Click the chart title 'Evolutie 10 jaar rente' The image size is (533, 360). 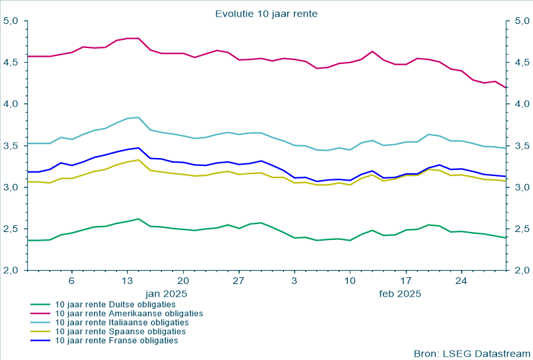click(x=266, y=13)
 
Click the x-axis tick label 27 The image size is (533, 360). click(x=239, y=281)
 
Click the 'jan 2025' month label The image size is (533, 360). click(x=167, y=293)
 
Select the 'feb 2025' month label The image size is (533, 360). click(x=400, y=293)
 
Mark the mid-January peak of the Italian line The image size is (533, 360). click(x=138, y=117)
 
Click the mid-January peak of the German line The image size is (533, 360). click(x=138, y=219)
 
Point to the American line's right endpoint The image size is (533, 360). click(x=506, y=88)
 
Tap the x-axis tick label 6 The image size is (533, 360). click(x=71, y=281)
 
